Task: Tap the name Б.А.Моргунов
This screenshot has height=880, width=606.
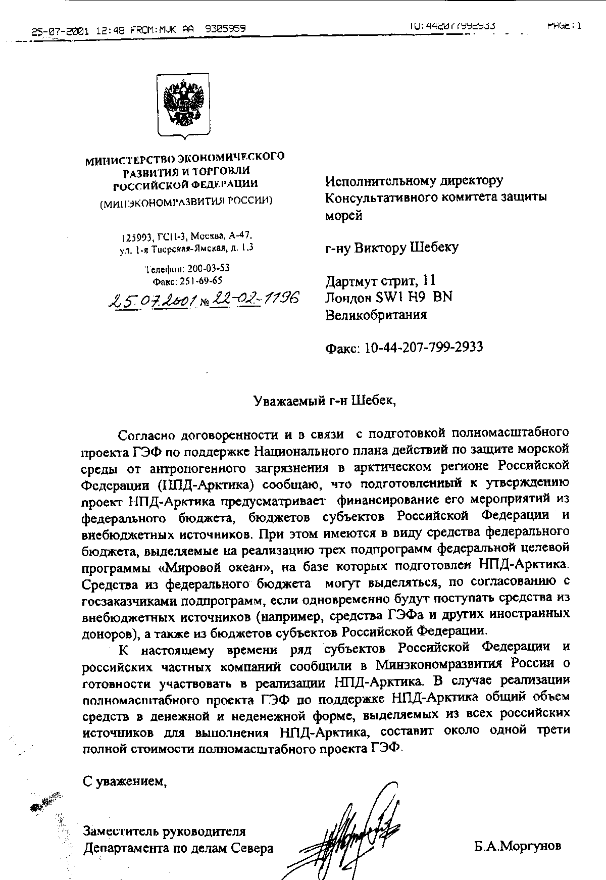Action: (x=517, y=846)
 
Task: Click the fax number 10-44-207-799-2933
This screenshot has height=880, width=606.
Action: (x=423, y=348)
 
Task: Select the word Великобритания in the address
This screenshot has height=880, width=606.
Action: (x=376, y=315)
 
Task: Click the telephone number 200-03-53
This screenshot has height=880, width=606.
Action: (x=208, y=268)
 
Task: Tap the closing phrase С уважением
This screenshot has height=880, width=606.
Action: (x=125, y=781)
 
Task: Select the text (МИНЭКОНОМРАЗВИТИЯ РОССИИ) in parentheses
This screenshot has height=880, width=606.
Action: (x=186, y=201)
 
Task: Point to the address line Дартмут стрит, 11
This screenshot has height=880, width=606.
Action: (x=380, y=280)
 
